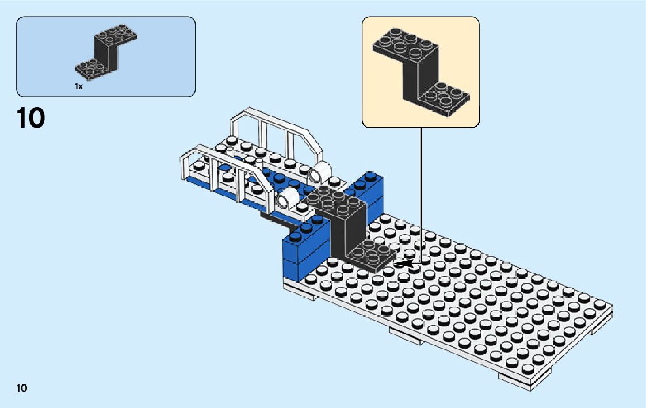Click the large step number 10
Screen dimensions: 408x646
[30, 118]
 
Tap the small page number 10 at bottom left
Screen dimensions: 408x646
[21, 388]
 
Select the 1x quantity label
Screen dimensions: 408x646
[79, 86]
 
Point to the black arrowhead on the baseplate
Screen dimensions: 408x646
[404, 264]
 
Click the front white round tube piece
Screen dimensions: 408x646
[287, 199]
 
